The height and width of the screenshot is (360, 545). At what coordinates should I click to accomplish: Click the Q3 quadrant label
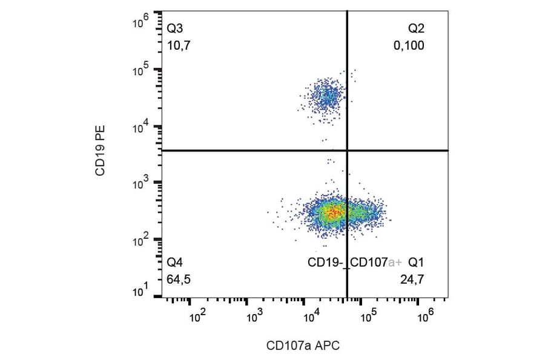tap(176, 28)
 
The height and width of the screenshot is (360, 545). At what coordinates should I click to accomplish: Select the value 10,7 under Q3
tap(179, 45)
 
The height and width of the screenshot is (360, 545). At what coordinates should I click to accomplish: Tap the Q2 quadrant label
tap(417, 28)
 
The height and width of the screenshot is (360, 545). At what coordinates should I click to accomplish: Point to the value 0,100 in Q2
tap(409, 45)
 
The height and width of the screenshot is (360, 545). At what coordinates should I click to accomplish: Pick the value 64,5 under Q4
tap(179, 279)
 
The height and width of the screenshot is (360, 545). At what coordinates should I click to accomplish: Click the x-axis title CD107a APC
tap(303, 346)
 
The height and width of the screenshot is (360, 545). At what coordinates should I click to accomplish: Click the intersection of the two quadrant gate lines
tap(347, 150)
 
